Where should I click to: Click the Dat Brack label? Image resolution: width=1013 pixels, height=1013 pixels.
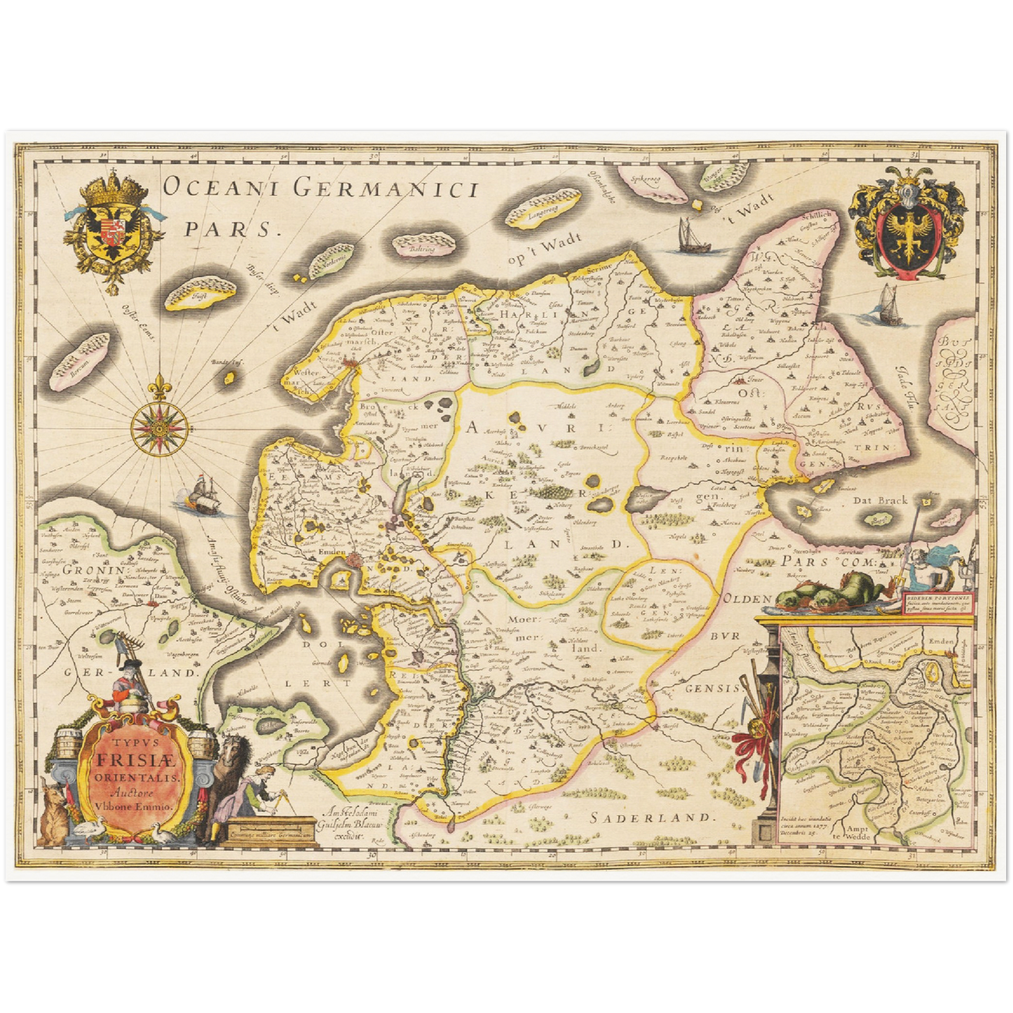coord(880,501)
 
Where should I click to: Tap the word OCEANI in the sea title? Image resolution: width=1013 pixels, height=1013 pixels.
coord(221,188)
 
